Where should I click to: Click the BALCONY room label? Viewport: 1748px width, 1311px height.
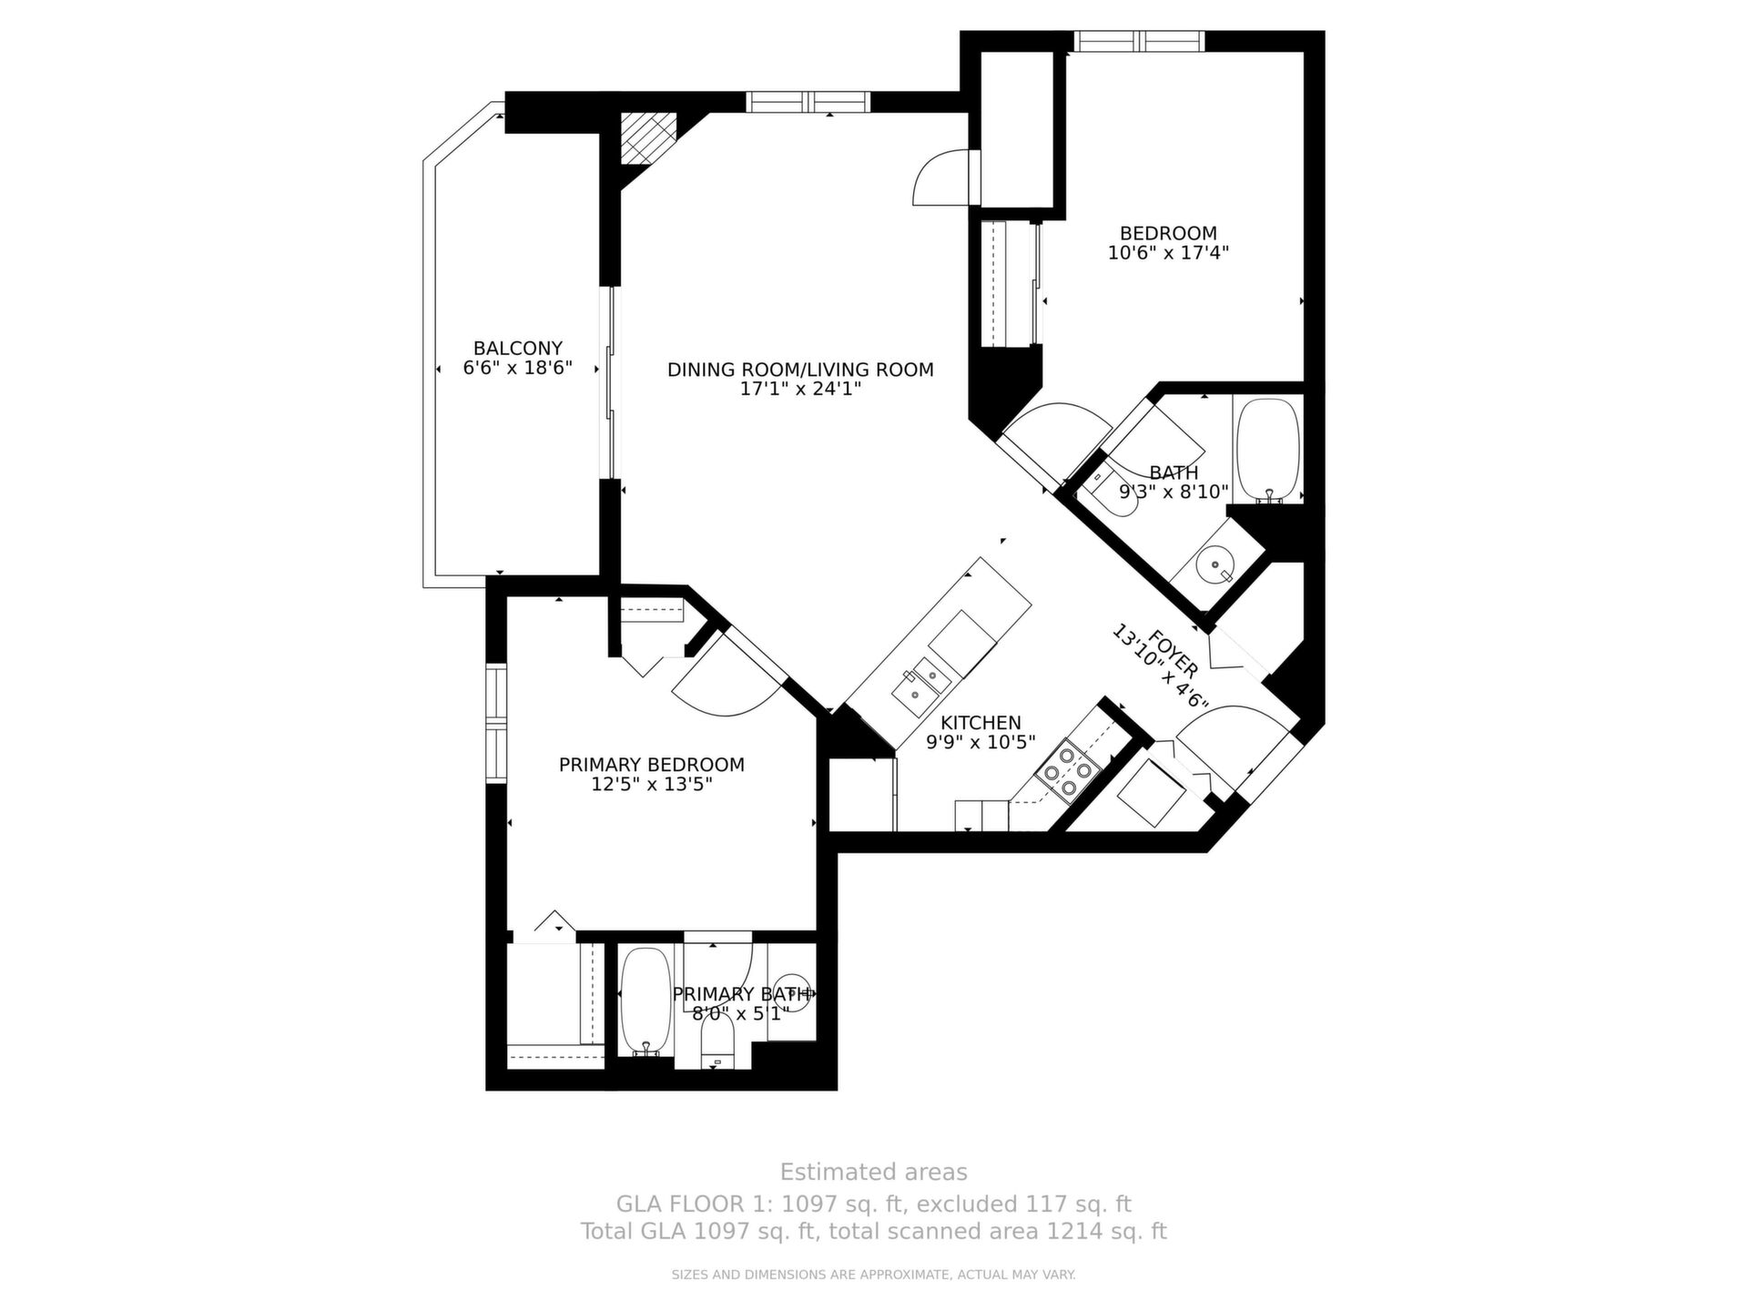point(517,348)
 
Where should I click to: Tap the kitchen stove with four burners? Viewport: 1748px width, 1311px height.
point(1068,770)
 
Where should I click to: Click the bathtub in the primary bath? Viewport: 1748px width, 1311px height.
point(646,1001)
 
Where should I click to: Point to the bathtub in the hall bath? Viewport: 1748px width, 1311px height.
point(1268,450)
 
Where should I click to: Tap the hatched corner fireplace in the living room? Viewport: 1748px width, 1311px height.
point(648,138)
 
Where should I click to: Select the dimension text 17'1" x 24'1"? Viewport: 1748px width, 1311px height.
point(800,390)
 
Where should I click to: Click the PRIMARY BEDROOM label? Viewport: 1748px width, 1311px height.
point(652,765)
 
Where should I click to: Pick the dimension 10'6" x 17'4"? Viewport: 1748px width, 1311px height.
point(1168,252)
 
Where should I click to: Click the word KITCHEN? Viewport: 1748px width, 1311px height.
point(981,723)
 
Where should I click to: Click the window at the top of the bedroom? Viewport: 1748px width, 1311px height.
point(1139,41)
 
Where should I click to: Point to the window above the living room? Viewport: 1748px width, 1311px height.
point(808,101)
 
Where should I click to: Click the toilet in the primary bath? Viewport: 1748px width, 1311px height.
point(717,1040)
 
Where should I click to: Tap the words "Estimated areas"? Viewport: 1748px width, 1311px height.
point(874,1172)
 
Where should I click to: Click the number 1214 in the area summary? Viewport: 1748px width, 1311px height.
point(1070,1232)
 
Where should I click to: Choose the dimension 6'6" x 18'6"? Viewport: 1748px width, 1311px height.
point(517,368)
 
